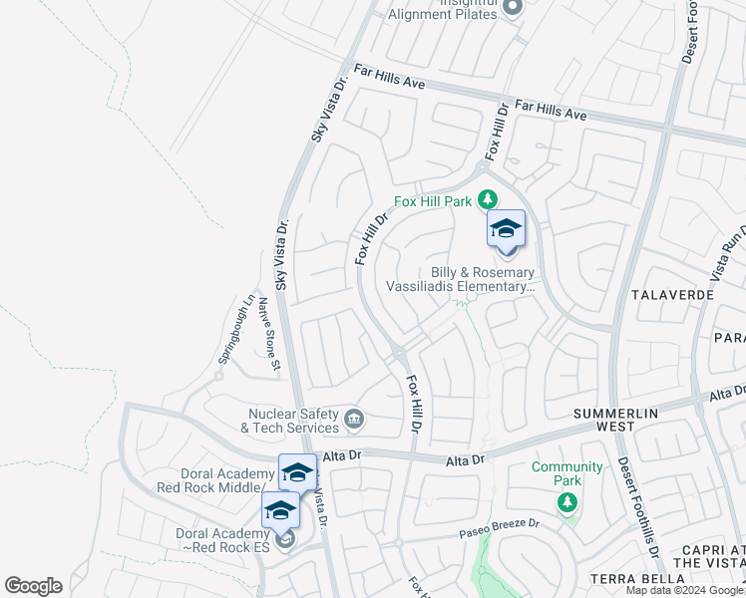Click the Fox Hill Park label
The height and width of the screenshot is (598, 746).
click(x=432, y=201)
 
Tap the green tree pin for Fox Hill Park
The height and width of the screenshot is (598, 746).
click(x=488, y=197)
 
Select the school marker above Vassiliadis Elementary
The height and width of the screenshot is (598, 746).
click(x=506, y=229)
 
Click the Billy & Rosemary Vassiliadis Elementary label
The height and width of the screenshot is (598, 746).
click(x=484, y=279)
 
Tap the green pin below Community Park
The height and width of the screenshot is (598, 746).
click(x=567, y=500)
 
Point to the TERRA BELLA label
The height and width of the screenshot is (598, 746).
click(x=633, y=579)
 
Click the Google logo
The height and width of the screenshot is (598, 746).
click(x=33, y=586)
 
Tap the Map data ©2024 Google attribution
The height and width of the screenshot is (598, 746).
click(x=684, y=590)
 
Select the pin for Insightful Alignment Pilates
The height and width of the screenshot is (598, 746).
click(x=514, y=9)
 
